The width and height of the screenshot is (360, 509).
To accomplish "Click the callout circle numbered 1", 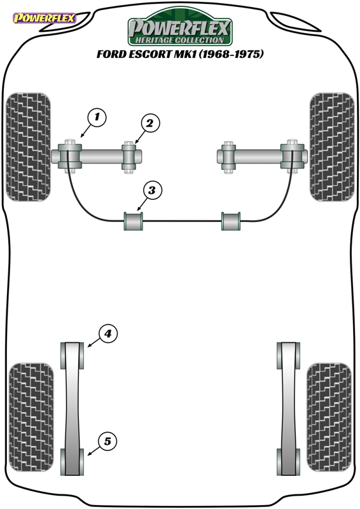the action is [97, 116].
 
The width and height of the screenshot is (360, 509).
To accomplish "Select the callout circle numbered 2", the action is [149, 123].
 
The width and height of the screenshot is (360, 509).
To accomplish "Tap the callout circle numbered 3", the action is [152, 190].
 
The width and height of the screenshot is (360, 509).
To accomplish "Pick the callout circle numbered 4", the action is [107, 333].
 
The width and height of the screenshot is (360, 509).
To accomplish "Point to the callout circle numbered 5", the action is [107, 442].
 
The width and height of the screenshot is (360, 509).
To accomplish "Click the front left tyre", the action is [29, 147].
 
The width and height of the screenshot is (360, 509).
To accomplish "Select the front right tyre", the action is [332, 147].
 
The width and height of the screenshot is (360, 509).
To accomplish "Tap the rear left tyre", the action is [31, 417].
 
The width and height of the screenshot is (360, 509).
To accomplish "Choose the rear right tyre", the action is [329, 417].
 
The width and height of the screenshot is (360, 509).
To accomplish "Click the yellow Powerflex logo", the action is [44, 18].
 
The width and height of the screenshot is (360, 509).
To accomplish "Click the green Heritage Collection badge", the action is [180, 27].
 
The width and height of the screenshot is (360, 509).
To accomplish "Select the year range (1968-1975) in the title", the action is [231, 54].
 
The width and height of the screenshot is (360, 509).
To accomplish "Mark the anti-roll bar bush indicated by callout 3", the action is [134, 221].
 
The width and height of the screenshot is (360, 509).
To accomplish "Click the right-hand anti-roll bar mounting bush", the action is [231, 221].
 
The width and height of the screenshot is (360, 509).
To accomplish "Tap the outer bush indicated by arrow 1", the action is [69, 156].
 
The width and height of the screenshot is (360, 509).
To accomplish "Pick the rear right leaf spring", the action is [288, 408].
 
